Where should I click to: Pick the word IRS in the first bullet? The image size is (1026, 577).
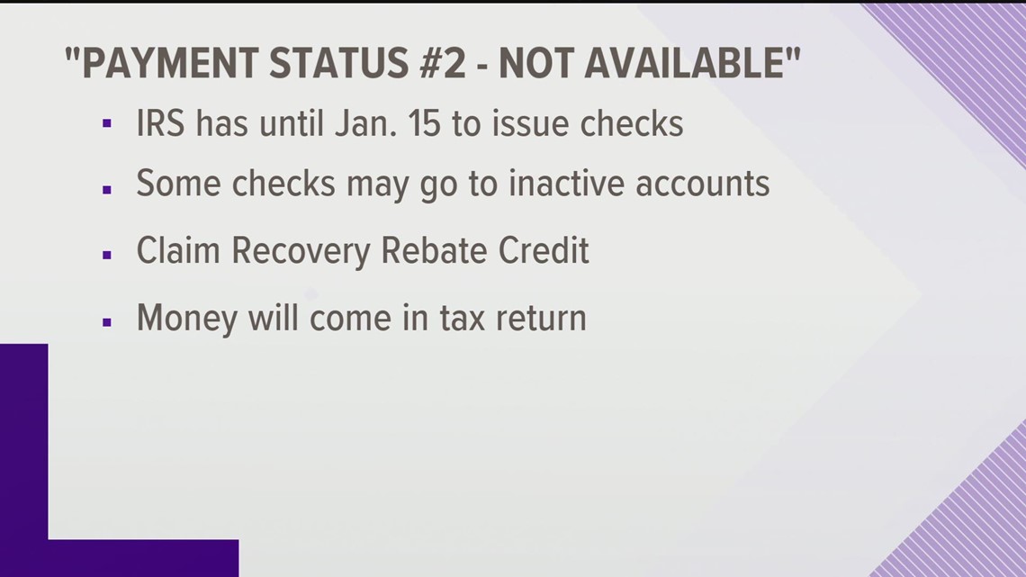click(161, 123)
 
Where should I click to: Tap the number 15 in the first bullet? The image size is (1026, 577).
click(423, 123)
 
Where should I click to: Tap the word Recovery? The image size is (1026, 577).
click(302, 251)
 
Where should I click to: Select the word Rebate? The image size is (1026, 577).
click(434, 250)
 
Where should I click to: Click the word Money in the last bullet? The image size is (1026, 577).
click(186, 318)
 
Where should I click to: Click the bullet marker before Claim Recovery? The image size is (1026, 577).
click(107, 255)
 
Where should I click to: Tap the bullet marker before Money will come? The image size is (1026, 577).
click(107, 321)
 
